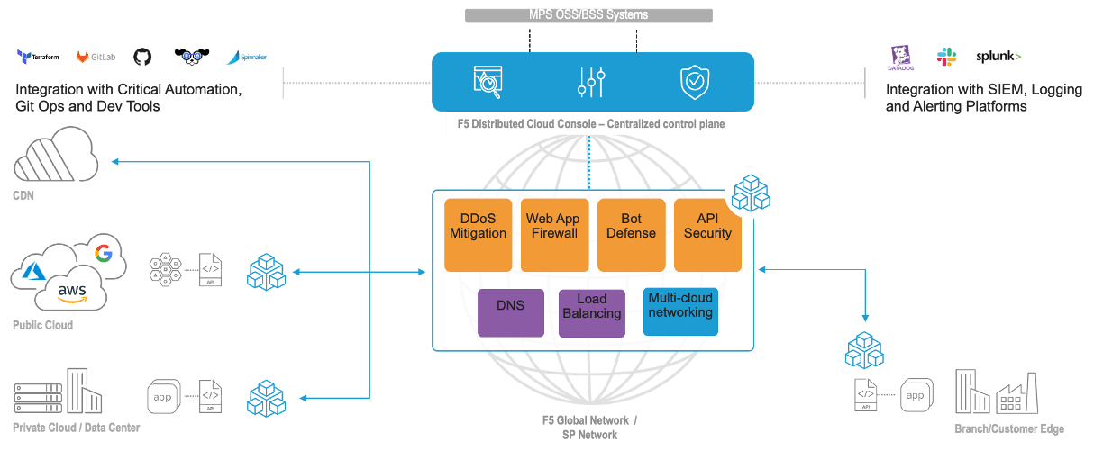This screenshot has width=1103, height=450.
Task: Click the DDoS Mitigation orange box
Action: (x=478, y=234)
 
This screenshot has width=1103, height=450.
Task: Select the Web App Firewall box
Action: (x=554, y=234)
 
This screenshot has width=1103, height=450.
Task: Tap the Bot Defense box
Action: (x=631, y=234)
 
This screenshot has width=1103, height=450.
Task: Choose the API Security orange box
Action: (x=707, y=234)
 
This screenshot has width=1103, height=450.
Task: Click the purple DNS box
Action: (x=510, y=312)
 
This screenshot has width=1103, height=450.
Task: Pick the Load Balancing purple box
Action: (x=592, y=312)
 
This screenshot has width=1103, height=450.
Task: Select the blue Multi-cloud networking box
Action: (x=680, y=311)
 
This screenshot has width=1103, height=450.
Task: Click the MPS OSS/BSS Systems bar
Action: (x=588, y=14)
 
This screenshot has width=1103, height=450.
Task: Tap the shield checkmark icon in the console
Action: (x=694, y=82)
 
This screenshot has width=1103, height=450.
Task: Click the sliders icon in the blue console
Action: (x=591, y=82)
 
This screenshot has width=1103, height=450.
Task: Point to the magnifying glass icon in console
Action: (x=488, y=82)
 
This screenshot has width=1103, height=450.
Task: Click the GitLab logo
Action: (x=95, y=57)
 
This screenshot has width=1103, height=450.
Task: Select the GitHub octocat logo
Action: (x=142, y=57)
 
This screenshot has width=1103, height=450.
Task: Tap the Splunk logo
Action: (x=998, y=57)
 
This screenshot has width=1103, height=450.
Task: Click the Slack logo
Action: (x=946, y=57)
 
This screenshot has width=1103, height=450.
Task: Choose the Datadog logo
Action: (x=900, y=57)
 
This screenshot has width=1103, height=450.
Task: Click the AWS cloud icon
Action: (x=72, y=290)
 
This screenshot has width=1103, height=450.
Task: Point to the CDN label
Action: (x=23, y=194)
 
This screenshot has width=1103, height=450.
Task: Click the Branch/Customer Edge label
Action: (x=1009, y=428)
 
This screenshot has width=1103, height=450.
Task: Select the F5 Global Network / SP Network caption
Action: (x=589, y=427)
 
